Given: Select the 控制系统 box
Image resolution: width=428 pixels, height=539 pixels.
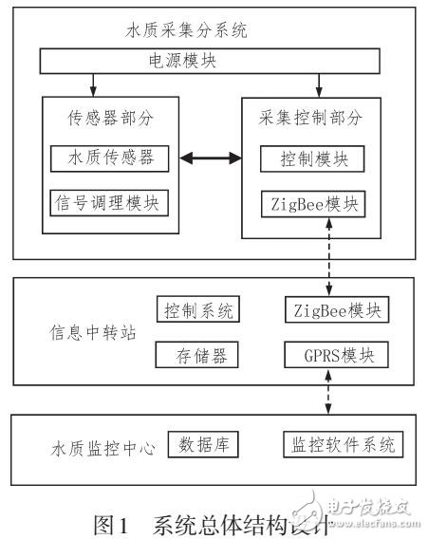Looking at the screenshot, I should coord(197,309).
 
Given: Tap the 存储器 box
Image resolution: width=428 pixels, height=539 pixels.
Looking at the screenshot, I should coord(197,356).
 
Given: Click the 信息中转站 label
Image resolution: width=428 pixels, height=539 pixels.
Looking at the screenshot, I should coord(81,333).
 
